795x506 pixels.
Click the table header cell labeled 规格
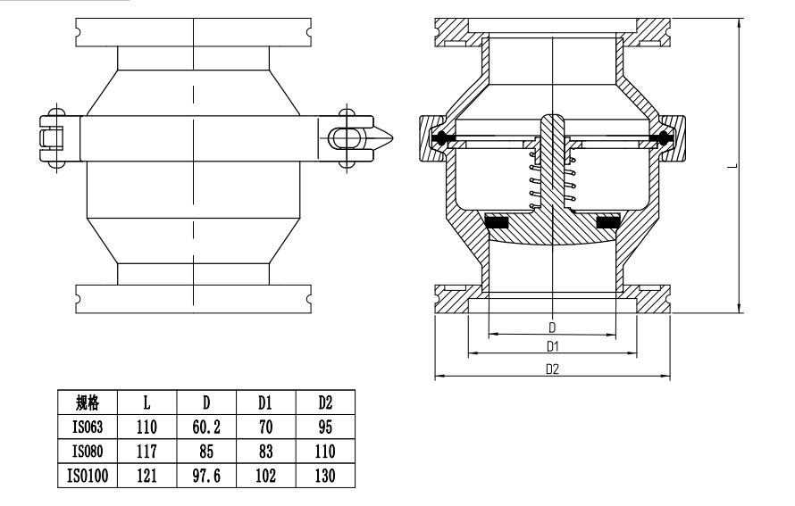[88, 402]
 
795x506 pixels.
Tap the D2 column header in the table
[325, 402]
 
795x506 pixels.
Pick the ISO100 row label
[88, 477]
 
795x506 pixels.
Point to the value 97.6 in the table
[206, 477]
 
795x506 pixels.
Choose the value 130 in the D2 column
[325, 477]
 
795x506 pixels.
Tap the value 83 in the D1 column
[265, 452]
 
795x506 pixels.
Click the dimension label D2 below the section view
[552, 369]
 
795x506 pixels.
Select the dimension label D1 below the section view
[552, 345]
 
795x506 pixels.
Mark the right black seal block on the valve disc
[609, 220]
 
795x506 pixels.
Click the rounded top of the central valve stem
[552, 120]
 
